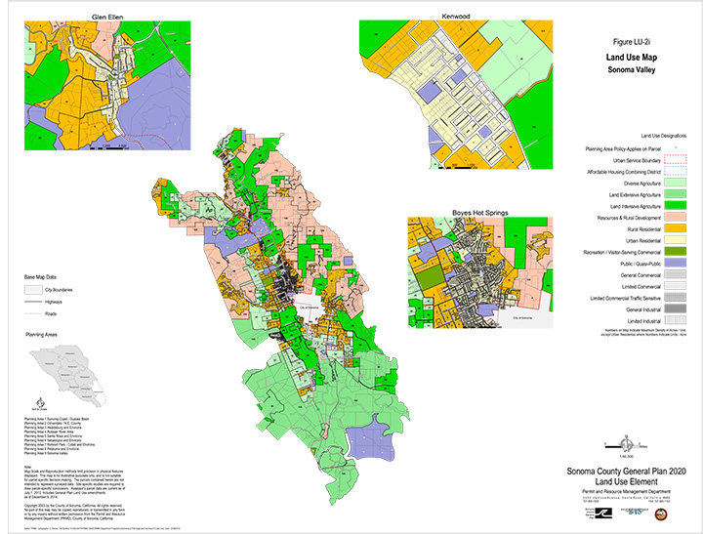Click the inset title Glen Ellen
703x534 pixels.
pos(105,17)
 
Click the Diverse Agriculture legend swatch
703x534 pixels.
pos(677,183)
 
